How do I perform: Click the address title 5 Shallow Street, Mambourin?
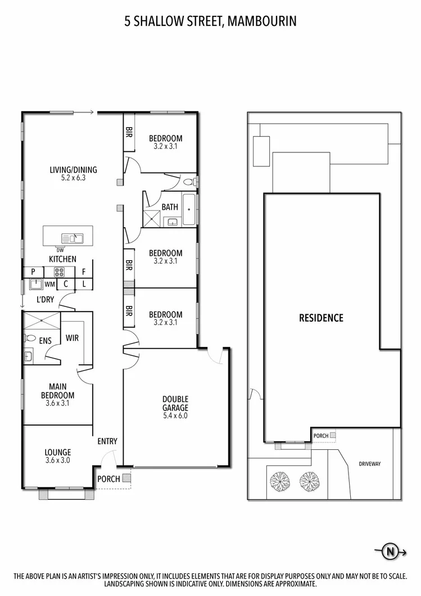coord(210,22)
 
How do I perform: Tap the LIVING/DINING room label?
coord(73,169)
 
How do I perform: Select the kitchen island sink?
coord(73,238)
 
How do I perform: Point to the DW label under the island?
coord(60,250)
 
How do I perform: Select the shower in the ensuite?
coord(41,322)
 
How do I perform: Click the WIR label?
coord(72,338)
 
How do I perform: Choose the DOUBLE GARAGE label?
coord(175,404)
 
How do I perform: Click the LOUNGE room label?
coord(57,452)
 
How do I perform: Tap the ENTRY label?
coord(107,441)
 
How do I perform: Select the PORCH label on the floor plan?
coord(108,479)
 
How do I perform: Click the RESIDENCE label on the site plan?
coord(320,318)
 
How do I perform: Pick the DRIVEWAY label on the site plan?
coord(369,464)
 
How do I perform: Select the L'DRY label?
coord(46,300)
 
